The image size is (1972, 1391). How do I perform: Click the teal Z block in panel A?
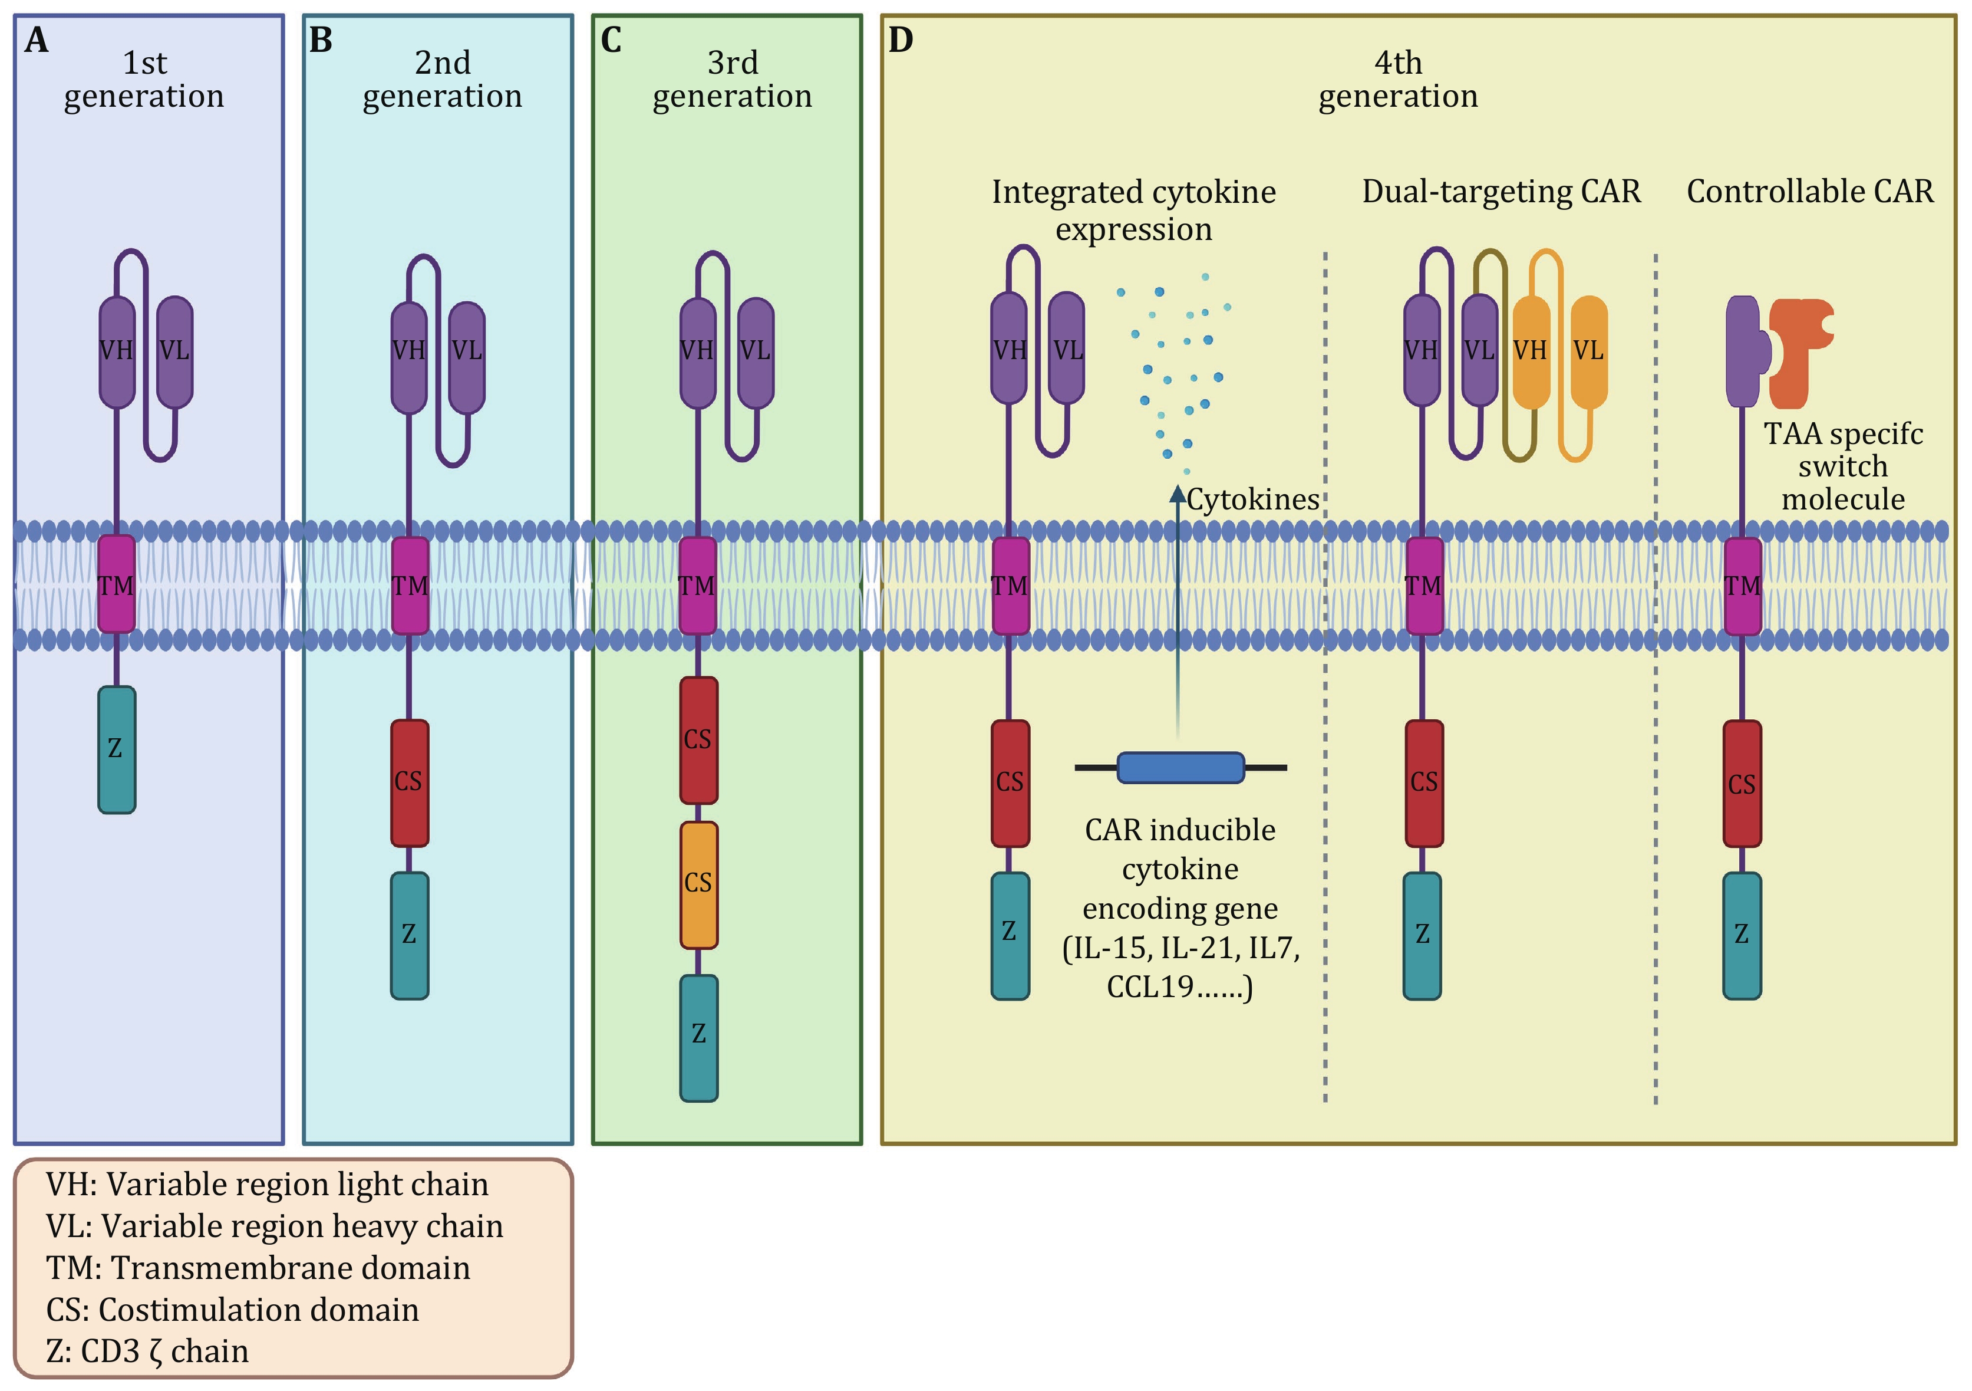[x=117, y=749]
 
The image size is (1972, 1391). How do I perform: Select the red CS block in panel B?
[x=409, y=782]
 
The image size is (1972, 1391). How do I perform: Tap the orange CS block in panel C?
[x=698, y=884]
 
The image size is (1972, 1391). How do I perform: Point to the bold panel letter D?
[x=900, y=40]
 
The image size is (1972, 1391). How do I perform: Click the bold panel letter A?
[x=36, y=40]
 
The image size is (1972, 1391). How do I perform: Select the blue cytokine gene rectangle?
[x=1180, y=767]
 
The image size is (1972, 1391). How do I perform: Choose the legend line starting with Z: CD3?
[x=148, y=1351]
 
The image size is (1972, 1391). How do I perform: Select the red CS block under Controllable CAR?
[x=1742, y=784]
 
